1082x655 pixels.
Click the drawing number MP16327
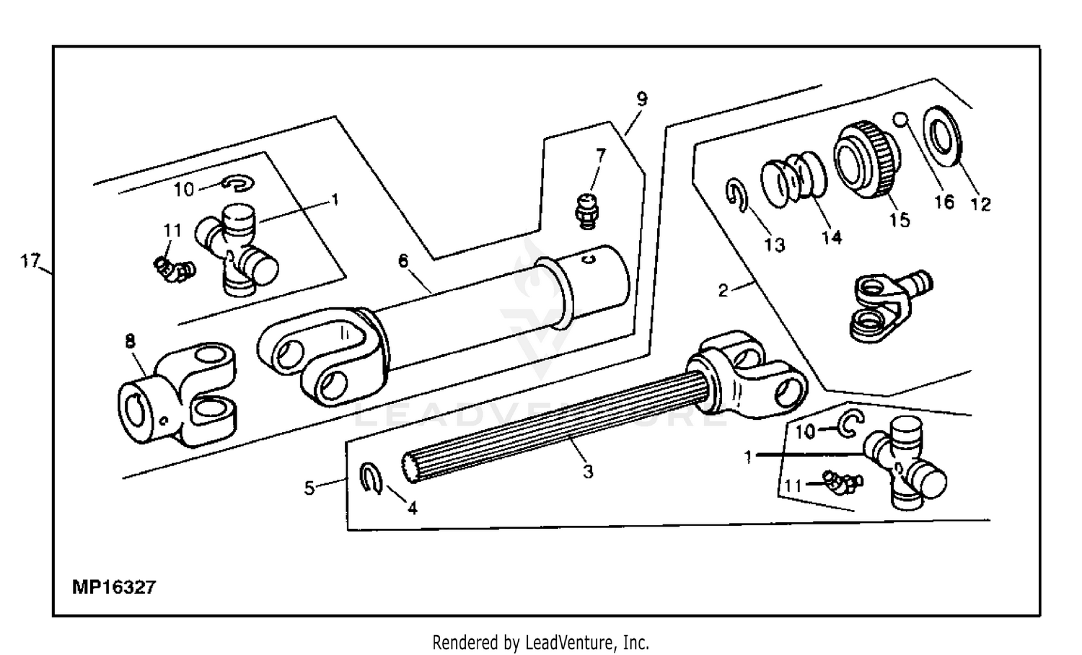[114, 587]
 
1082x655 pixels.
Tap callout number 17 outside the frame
[30, 261]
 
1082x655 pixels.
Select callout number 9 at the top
[641, 99]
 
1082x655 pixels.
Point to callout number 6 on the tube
[404, 260]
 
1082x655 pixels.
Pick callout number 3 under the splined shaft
[588, 472]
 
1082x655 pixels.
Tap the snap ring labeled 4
[371, 479]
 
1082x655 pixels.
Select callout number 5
[309, 488]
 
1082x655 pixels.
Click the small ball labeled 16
[900, 118]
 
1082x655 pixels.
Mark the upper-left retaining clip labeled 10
[237, 184]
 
